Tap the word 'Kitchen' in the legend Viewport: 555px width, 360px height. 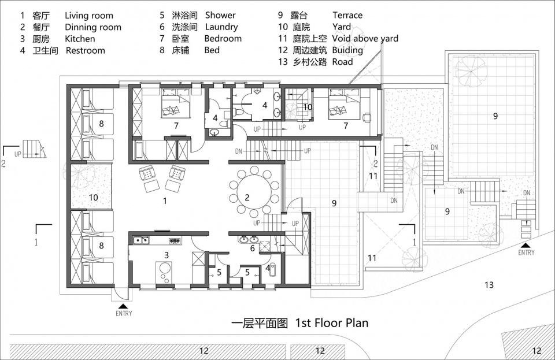(80, 39)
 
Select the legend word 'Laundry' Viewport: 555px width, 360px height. (221, 27)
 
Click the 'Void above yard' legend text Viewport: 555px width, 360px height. (365, 38)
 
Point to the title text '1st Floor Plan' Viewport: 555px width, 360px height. (332, 322)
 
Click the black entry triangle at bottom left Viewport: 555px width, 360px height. (123, 306)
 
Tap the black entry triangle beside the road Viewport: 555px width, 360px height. (526, 246)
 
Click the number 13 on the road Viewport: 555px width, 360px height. (489, 285)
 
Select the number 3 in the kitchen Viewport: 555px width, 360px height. (166, 255)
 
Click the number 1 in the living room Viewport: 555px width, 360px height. (165, 201)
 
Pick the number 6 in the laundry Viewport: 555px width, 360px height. (253, 248)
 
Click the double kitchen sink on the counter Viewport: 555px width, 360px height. (142, 240)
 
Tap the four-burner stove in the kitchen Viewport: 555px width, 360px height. (175, 241)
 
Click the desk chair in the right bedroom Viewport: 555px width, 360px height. (367, 117)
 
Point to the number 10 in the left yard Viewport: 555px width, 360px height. (94, 197)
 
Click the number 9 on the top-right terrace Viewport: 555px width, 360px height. (495, 116)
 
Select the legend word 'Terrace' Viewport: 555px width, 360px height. (347, 15)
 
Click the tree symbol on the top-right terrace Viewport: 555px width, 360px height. (471, 72)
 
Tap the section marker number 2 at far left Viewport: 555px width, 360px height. (3, 164)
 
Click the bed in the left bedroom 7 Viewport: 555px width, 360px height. (175, 103)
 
